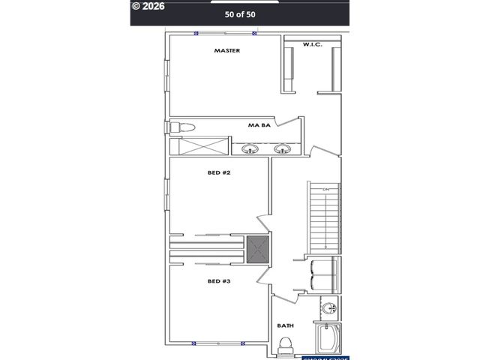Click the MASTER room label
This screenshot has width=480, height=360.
[x=226, y=51]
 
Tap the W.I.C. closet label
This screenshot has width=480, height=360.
[x=313, y=45]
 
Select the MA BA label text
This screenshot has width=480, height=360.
[x=259, y=126]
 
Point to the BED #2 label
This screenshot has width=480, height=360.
[x=219, y=173]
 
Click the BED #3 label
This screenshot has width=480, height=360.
[x=219, y=281]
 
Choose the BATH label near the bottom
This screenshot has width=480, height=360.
[x=285, y=325]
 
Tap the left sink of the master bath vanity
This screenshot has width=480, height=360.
[x=250, y=148]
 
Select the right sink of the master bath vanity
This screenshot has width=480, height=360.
[x=283, y=148]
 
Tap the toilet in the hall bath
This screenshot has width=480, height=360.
[x=285, y=346]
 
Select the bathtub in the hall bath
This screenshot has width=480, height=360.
[x=328, y=338]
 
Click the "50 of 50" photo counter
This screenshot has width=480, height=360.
[x=239, y=13]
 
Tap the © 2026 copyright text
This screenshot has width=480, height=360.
[x=148, y=5]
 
